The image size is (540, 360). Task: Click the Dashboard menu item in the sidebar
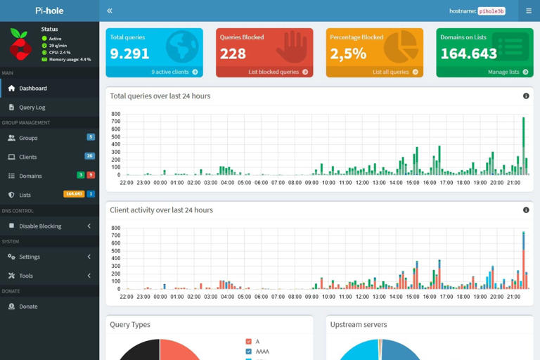pos(32,89)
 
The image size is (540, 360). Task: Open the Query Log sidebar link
pos(32,108)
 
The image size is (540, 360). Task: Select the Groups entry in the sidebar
pos(28,139)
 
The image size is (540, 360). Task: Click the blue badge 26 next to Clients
pos(89,156)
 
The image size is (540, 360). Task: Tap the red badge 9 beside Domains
pos(91,175)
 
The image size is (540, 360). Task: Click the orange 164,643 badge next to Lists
pos(74,194)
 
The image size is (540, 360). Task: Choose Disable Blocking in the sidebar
pos(40,226)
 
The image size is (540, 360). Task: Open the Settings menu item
pos(30,257)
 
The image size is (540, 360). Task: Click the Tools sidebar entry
pos(26,276)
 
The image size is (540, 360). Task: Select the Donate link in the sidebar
pos(28,307)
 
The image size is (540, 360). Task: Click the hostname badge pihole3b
pos(491,11)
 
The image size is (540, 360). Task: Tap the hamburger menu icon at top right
pos(529,11)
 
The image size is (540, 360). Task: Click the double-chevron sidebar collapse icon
pos(110,11)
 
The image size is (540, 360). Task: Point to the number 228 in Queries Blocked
pos(233,53)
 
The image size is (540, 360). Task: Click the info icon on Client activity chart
pos(526,210)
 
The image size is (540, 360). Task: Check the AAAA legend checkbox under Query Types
pos(248,352)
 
